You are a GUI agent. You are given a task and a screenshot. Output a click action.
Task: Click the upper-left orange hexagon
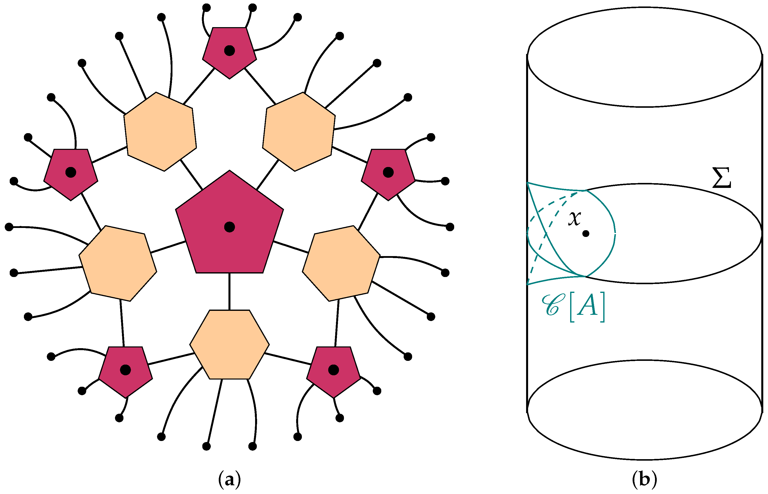coord(160,131)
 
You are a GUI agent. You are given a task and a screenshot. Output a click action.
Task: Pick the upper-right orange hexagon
coord(299,131)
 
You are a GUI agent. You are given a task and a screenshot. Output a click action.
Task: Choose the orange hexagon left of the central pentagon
coord(118,263)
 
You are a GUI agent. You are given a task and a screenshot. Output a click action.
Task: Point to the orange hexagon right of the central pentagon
coord(341,263)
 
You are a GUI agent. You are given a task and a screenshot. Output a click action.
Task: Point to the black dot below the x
coord(586,233)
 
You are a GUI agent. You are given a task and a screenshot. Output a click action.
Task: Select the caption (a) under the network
coord(229,480)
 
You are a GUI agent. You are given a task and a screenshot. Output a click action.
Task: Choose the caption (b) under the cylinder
coord(644,480)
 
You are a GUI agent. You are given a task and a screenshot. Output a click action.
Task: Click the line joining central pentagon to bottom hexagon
coord(229,291)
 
